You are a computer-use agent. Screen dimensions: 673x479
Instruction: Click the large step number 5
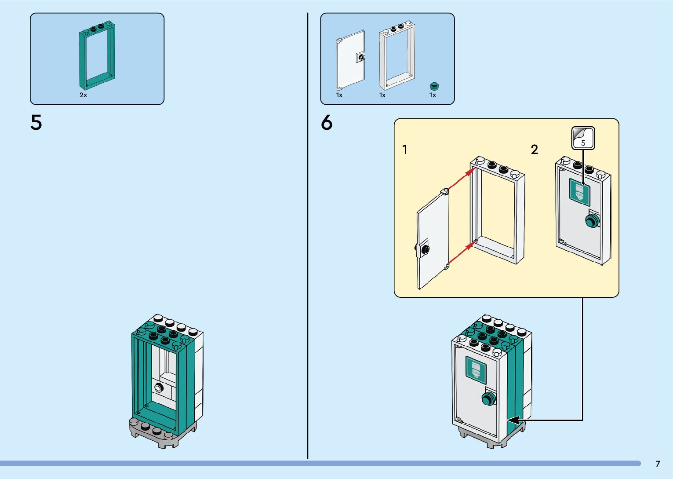pos(36,123)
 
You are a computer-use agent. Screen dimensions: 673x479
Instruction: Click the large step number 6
pos(327,123)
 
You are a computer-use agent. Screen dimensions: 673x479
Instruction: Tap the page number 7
pos(658,464)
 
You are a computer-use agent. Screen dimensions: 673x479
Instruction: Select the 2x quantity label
pos(83,95)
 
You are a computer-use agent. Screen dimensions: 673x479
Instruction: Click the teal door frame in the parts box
pos(97,55)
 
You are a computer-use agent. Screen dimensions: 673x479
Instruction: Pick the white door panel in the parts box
pos(350,60)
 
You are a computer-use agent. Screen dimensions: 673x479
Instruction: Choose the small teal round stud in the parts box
pos(434,86)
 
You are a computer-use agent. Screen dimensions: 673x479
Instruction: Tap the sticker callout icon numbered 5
pos(583,138)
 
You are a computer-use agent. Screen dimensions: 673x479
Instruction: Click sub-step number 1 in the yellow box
pos(405,150)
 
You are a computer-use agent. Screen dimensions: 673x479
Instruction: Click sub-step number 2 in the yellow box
pos(535,150)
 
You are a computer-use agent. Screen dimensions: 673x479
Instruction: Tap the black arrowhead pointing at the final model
pos(513,420)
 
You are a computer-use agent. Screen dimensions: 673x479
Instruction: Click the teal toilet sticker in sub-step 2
pos(579,192)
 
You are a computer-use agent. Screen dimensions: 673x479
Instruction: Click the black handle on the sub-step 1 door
pos(426,249)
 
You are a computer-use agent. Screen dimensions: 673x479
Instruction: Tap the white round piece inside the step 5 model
pos(159,388)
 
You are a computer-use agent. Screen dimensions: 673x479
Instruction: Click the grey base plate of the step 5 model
pos(163,432)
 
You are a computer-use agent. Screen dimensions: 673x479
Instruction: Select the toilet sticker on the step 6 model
pos(476,370)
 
